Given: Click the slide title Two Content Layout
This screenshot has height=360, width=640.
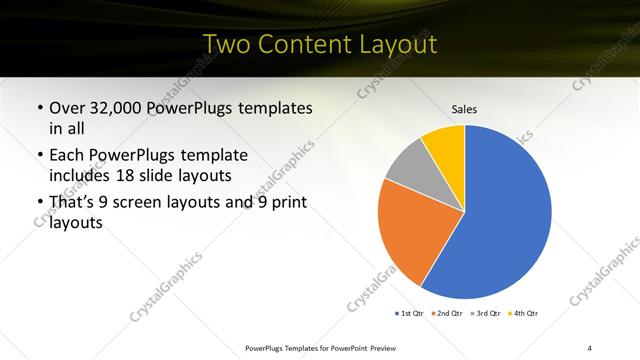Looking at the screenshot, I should (x=319, y=44).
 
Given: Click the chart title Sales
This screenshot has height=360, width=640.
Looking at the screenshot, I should (x=465, y=108).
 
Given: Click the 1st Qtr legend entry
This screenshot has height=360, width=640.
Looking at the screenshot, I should (x=409, y=314).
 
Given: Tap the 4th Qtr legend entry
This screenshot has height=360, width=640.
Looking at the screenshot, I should (x=525, y=314).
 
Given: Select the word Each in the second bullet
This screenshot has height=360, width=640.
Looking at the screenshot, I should (x=69, y=157).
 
